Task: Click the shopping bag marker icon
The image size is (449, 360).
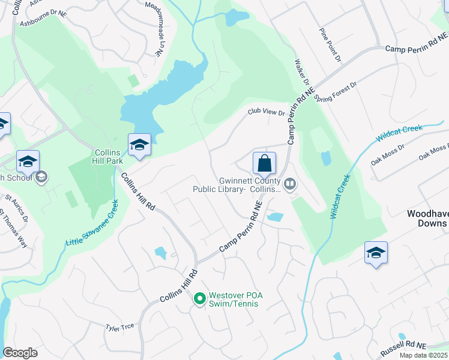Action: click(x=264, y=163)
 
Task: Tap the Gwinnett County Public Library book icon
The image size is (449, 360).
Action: click(x=290, y=183)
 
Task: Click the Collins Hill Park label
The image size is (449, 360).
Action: click(x=107, y=157)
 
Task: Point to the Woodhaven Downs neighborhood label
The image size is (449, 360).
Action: click(x=427, y=218)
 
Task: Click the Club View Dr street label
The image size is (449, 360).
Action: click(x=267, y=112)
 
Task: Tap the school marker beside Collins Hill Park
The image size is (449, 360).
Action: click(x=139, y=145)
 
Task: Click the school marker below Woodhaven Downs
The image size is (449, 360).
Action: click(x=376, y=253)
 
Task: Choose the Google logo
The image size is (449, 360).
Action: click(x=20, y=352)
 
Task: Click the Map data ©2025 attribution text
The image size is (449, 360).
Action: click(x=424, y=355)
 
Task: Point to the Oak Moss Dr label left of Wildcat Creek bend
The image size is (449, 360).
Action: click(x=388, y=154)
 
